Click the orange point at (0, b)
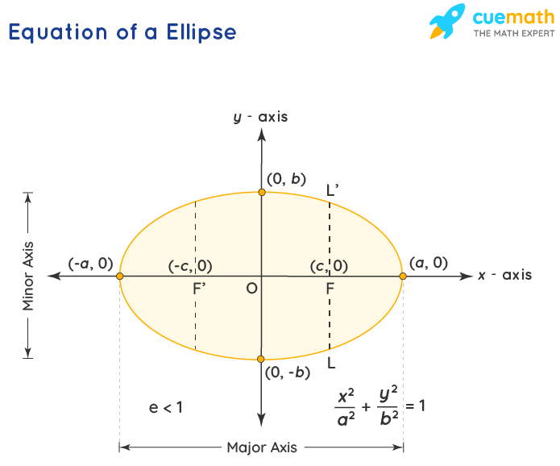pos(262,192)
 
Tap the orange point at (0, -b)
pos(261,359)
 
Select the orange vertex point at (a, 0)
pos(403,277)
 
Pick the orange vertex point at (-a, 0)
pos(119,277)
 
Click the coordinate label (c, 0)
pos(329,266)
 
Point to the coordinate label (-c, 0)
pos(190,266)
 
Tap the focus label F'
pos(199,289)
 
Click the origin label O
pos(251,289)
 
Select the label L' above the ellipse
pos(333,189)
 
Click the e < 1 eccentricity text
pos(166,407)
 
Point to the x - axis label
pos(504,275)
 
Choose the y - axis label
pos(260,117)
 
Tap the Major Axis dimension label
pos(262,447)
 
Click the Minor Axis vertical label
pos(28,276)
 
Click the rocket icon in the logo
pos(447,21)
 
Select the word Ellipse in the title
pos(201,33)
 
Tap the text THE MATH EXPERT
pos(514,34)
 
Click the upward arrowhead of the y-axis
pos(262,135)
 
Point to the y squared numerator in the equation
pos(388,393)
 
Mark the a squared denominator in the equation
pos(346,418)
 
